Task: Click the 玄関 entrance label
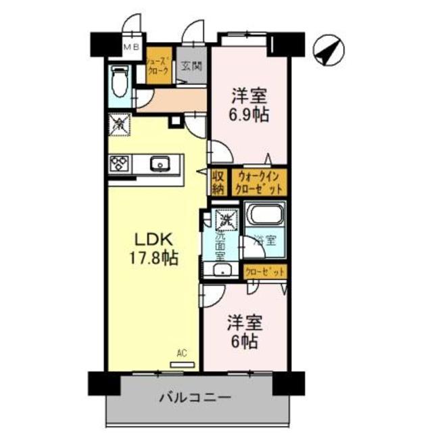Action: coord(191,66)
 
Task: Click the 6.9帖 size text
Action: coord(249,115)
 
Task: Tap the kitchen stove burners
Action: coord(120,163)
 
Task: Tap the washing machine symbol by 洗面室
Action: coord(226,219)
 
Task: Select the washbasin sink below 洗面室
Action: coord(222,270)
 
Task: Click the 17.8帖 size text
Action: coord(155,258)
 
